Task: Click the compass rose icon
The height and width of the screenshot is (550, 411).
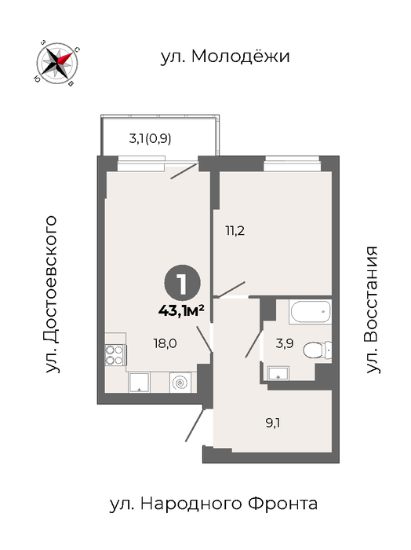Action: click(57, 63)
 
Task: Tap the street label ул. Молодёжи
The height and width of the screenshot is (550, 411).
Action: click(225, 56)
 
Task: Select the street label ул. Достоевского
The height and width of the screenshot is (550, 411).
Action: click(51, 294)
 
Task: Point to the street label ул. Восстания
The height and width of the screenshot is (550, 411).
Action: click(372, 310)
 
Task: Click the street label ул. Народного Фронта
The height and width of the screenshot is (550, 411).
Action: click(213, 504)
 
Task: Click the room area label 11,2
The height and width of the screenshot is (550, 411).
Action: click(235, 231)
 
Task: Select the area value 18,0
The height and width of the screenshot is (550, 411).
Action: click(165, 343)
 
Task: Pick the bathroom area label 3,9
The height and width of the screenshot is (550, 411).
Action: click(284, 343)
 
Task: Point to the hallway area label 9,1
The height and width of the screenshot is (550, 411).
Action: click(273, 423)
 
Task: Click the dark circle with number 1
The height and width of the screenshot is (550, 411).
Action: click(183, 284)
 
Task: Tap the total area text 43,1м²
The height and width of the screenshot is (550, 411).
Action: click(181, 310)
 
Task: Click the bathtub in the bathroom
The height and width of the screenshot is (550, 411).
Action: click(310, 311)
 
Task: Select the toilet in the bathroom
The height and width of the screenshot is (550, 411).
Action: click(317, 350)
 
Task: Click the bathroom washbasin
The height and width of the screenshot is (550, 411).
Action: click(278, 373)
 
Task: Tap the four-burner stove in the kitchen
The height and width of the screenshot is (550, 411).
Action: click(115, 355)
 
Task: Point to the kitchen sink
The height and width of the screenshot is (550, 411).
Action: click(139, 383)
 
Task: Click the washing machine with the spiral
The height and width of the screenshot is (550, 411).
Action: click(180, 383)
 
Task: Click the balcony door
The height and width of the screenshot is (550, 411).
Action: click(184, 170)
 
